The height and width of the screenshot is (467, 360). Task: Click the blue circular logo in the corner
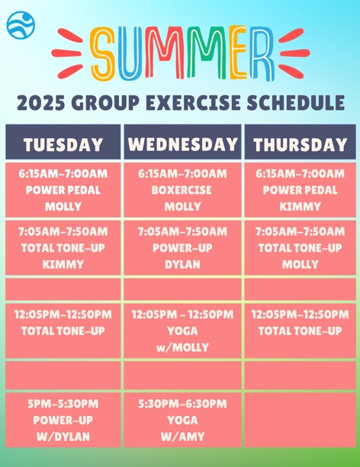[21, 25]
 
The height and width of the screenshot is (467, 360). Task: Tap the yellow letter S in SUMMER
[103, 53]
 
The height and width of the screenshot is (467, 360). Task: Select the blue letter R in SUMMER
[262, 53]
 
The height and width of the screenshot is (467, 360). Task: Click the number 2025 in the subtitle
[41, 103]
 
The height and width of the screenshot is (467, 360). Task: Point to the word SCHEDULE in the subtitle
[296, 103]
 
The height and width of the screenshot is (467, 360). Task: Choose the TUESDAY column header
[63, 144]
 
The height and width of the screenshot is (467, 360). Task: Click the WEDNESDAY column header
[182, 144]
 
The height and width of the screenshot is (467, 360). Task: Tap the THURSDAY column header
[301, 144]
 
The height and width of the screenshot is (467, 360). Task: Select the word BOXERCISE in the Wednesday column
[182, 190]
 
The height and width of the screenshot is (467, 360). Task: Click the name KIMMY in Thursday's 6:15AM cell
[301, 206]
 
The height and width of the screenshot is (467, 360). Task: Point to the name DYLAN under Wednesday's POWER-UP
[182, 264]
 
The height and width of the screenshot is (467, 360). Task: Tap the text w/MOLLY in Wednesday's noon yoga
[182, 347]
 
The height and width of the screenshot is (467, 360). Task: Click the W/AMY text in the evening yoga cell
[182, 436]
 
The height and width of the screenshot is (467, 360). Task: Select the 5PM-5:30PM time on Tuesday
[63, 404]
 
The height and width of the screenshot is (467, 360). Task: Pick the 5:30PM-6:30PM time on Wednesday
[182, 404]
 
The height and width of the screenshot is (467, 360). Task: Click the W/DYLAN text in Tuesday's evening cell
[63, 436]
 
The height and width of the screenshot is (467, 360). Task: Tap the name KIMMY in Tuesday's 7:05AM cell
[63, 264]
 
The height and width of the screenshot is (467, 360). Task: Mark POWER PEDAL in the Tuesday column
[63, 190]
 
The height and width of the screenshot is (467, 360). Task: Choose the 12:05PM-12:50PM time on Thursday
[301, 314]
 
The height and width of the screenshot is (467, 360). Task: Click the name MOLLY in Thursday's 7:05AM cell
[301, 264]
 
